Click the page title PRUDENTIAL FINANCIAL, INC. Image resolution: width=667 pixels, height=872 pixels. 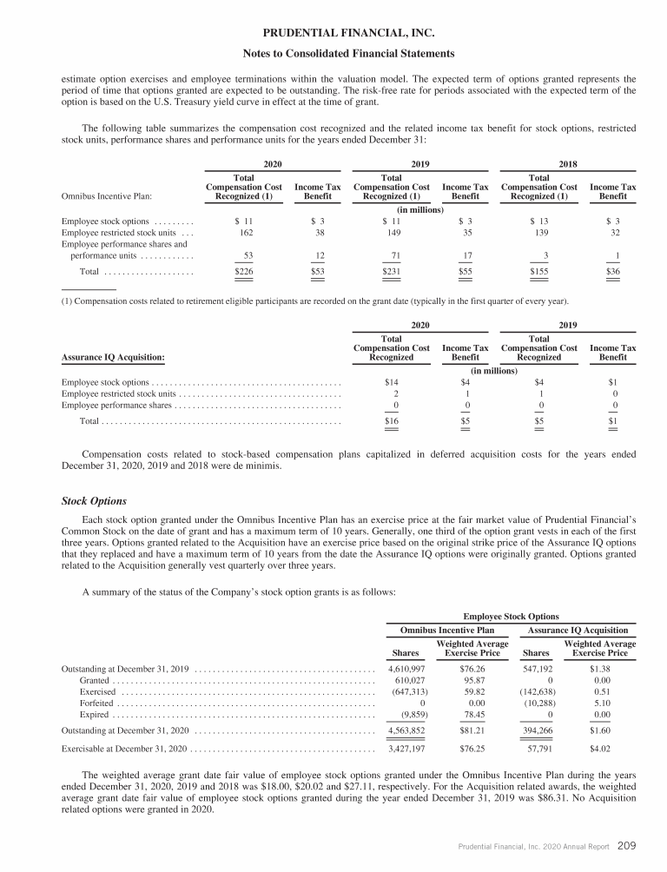333,32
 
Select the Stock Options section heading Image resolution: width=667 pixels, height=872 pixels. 95,501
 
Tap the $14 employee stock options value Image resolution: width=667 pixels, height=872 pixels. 392,382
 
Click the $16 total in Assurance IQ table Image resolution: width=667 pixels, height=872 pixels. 392,421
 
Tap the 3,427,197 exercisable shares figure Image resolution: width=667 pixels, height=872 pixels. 404,748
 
